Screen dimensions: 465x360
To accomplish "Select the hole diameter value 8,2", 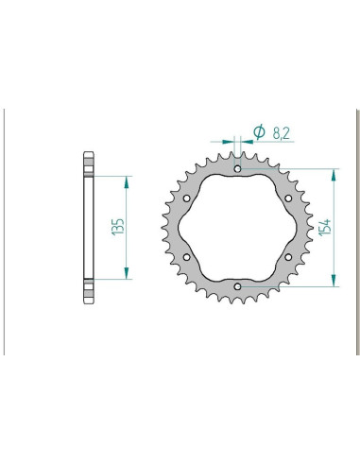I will (281, 132).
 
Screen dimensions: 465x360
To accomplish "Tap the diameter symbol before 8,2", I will (258, 132).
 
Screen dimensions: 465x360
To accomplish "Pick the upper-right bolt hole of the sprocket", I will (287, 199).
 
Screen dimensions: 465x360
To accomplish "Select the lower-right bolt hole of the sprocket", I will (287, 257).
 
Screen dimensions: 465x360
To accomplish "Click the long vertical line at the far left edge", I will (8, 232).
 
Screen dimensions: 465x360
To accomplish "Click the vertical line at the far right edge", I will (354, 232).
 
